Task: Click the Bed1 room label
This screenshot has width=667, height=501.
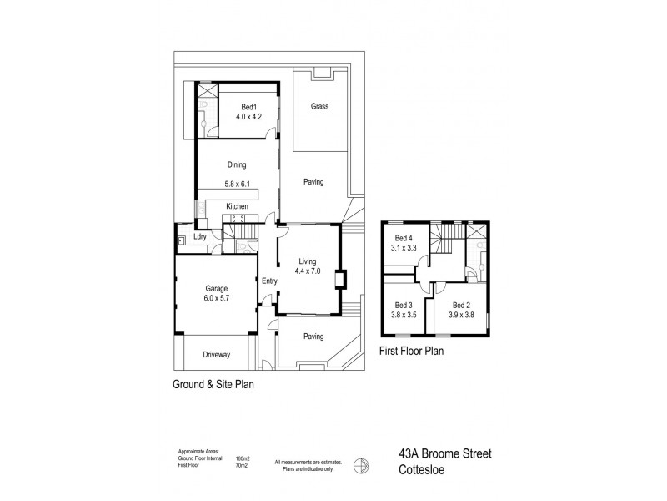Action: [x=248, y=106]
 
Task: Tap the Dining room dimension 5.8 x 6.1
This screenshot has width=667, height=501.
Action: [x=238, y=184]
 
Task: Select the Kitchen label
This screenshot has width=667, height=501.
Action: [x=238, y=205]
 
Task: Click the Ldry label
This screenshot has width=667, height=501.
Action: [x=200, y=237]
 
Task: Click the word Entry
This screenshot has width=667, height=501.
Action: [x=268, y=281]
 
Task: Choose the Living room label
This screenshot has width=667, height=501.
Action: [x=308, y=261]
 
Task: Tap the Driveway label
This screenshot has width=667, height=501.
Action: [x=216, y=355]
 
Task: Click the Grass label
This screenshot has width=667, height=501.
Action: [x=318, y=107]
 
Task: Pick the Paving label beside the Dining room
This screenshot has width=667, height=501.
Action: [x=313, y=182]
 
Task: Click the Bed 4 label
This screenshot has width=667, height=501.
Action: [x=405, y=238]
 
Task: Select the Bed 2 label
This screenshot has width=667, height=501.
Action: [x=451, y=305]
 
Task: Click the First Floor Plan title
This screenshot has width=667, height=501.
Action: [x=411, y=352]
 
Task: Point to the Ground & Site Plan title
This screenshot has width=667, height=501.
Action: [x=212, y=385]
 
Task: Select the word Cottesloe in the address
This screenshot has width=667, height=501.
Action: [x=420, y=470]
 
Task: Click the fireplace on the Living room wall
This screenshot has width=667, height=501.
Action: [x=339, y=280]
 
